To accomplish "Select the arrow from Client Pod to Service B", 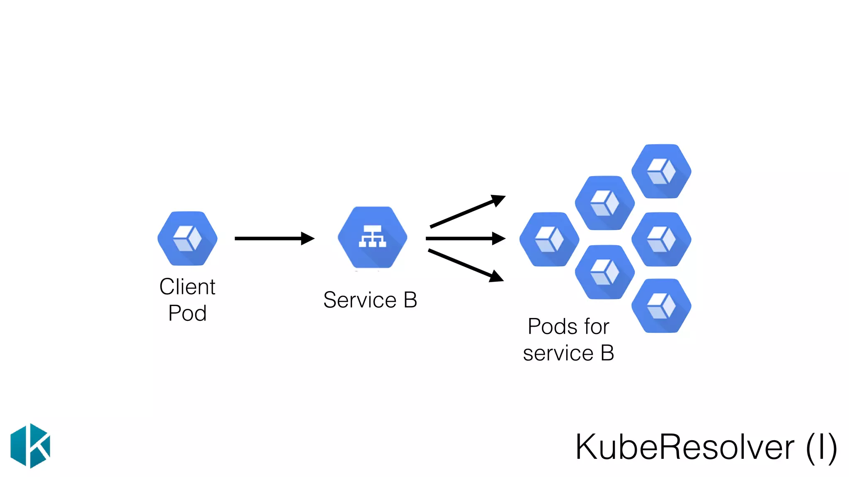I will (x=269, y=238).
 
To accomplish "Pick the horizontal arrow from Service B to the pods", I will (x=460, y=238).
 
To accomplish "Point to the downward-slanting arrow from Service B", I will (x=462, y=264).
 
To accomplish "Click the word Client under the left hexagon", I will (x=187, y=287).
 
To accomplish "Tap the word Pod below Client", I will (x=187, y=313).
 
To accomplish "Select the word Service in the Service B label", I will (x=360, y=300).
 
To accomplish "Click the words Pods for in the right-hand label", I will (x=568, y=326).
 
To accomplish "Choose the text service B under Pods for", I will (x=568, y=353).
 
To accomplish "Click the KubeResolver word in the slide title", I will (x=684, y=447).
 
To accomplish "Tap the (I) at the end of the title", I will (x=821, y=447).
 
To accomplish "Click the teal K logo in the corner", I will (x=30, y=446).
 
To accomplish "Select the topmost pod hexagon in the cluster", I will (x=661, y=171).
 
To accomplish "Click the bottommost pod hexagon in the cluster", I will (x=661, y=306).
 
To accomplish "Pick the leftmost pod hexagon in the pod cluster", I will (x=549, y=239).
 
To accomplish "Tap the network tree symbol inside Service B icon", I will (x=372, y=236).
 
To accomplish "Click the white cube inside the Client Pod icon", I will (x=187, y=238).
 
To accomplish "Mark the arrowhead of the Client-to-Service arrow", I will (x=308, y=238).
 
